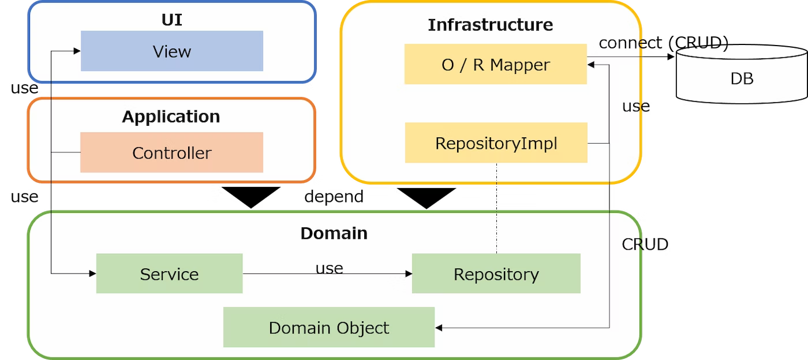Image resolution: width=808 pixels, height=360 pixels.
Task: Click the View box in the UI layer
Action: coord(171,51)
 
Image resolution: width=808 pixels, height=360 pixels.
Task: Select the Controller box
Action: coord(171,153)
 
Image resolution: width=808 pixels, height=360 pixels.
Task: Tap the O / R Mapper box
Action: coord(495,65)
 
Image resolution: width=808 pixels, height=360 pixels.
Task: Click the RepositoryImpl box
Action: coord(496,143)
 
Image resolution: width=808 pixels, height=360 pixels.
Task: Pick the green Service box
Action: coord(169,274)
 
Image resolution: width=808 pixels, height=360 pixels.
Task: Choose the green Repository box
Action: coord(496,274)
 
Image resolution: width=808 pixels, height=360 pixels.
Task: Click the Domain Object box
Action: coord(328,328)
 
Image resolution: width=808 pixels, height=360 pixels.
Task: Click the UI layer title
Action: coord(171,20)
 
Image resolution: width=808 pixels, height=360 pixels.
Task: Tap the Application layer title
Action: coord(171,117)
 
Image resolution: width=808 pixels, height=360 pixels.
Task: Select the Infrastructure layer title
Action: coord(490,25)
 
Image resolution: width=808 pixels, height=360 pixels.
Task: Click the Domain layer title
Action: coord(334,233)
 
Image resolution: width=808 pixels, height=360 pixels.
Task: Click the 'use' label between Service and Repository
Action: coord(329,268)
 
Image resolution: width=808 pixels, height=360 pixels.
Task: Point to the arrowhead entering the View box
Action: coord(77,51)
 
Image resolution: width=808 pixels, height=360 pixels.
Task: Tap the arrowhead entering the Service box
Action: coord(92,273)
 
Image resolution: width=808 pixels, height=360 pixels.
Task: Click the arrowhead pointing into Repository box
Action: coord(408,275)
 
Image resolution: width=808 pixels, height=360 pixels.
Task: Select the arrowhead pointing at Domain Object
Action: coord(439,328)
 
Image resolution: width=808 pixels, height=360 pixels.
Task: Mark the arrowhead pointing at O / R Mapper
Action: coord(591,65)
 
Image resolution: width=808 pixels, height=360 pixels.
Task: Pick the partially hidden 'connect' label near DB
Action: coord(620,43)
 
